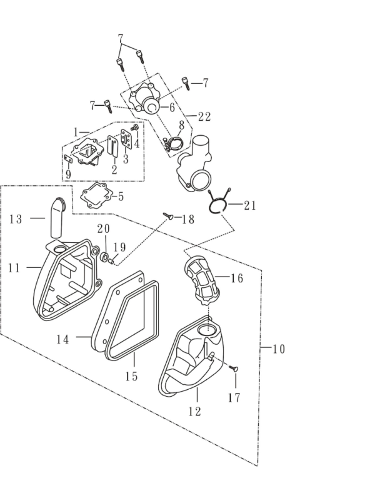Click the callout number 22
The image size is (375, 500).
coord(203,116)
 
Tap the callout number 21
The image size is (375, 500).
coord(249,205)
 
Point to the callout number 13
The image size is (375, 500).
coord(16,219)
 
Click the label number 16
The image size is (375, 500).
coord(237,278)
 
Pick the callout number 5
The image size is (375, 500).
coord(121,196)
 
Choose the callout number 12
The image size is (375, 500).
coord(194,411)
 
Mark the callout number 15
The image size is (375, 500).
coord(131,376)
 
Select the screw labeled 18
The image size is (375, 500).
coord(168,217)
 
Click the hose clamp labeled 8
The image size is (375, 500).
coord(173,145)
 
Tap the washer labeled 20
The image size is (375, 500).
coord(106,257)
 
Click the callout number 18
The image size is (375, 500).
coord(188,219)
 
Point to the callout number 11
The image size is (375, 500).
coord(14,268)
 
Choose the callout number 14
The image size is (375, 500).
coord(62,339)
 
